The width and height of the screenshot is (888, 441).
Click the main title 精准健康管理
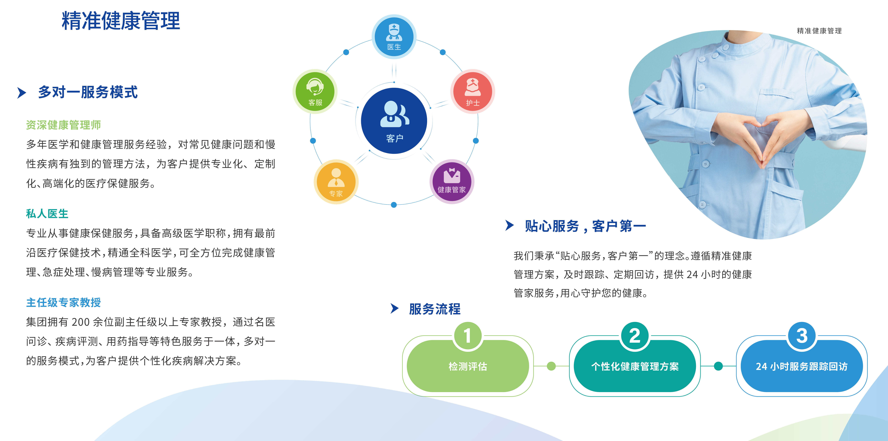[x=121, y=21]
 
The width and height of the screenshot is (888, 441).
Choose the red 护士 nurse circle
[x=473, y=92]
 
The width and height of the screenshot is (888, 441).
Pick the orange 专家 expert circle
[x=336, y=182]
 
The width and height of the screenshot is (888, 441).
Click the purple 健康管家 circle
[x=452, y=182]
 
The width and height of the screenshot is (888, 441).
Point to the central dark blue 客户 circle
[x=394, y=121]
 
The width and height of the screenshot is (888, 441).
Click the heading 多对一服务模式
[x=88, y=92]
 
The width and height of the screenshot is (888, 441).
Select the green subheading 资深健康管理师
[x=63, y=125]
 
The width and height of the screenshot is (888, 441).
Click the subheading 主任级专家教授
[x=63, y=302]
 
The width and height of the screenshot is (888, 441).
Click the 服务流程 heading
[x=435, y=309]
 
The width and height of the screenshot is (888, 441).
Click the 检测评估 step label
[x=468, y=366]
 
